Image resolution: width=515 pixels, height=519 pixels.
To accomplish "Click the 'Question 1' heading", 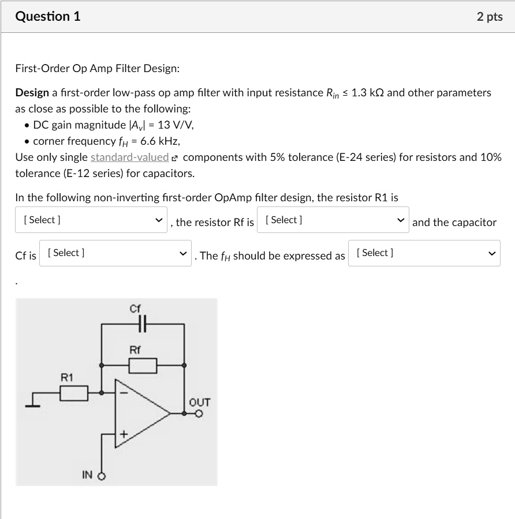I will pyautogui.click(x=48, y=17).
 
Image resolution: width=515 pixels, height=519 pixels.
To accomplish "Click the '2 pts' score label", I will pyautogui.click(x=490, y=17).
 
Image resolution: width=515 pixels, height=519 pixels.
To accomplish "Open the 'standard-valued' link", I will pyautogui.click(x=129, y=157).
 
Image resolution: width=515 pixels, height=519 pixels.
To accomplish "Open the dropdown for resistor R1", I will pyautogui.click(x=91, y=220).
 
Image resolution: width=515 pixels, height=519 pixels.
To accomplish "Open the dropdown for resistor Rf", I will pyautogui.click(x=333, y=220).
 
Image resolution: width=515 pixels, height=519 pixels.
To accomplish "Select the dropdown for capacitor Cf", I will pyautogui.click(x=115, y=253).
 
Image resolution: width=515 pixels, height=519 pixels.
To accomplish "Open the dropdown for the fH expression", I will pyautogui.click(x=424, y=253).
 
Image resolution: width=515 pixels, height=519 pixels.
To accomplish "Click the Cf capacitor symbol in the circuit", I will pyautogui.click(x=143, y=324).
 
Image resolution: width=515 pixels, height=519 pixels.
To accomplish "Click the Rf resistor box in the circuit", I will pyautogui.click(x=143, y=365).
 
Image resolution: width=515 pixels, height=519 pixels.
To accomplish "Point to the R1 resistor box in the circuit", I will pyautogui.click(x=74, y=393).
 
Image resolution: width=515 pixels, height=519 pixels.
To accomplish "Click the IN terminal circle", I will pyautogui.click(x=103, y=476).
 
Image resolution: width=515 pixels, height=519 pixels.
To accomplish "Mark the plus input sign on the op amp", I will pyautogui.click(x=122, y=434).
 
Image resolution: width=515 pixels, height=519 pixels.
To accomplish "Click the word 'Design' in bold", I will pyautogui.click(x=32, y=93).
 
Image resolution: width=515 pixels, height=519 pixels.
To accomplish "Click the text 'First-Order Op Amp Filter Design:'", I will pyautogui.click(x=98, y=69).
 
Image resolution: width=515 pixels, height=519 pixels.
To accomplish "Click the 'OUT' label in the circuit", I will pyautogui.click(x=200, y=402).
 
